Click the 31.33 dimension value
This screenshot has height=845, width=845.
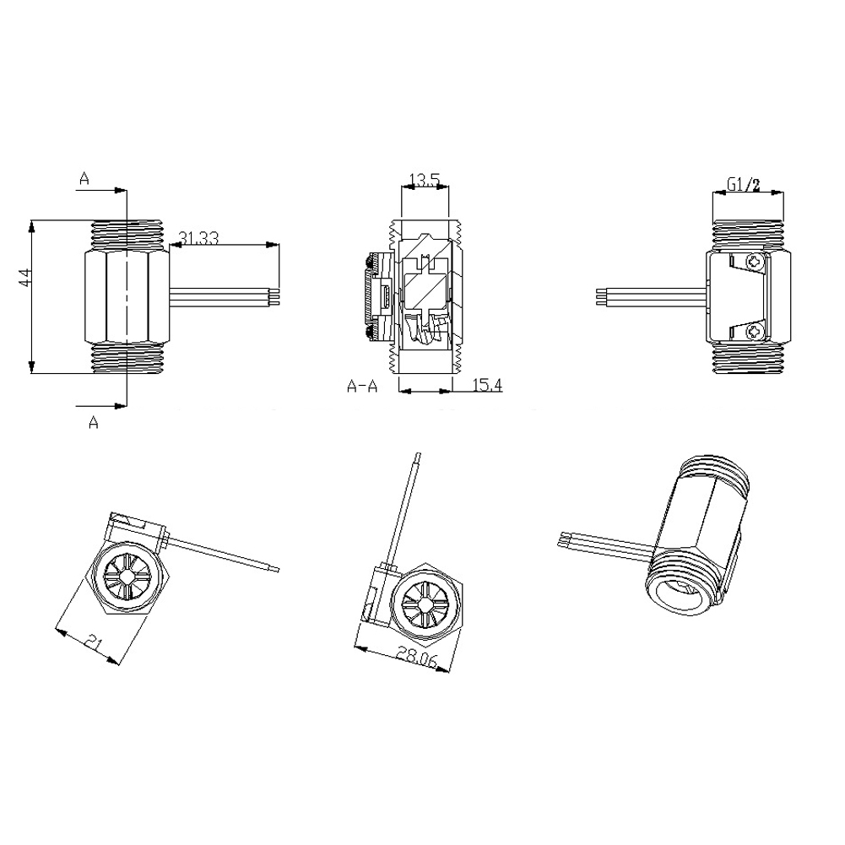(199, 239)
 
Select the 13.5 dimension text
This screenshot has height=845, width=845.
(424, 179)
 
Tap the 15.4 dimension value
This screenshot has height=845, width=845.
(487, 385)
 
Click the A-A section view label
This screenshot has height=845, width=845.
(363, 386)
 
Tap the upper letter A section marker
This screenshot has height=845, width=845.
(84, 177)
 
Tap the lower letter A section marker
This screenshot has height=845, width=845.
(94, 423)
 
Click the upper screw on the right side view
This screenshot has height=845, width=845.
(758, 264)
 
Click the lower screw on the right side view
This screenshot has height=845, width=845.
(758, 331)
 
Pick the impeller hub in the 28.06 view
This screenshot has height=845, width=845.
(424, 604)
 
